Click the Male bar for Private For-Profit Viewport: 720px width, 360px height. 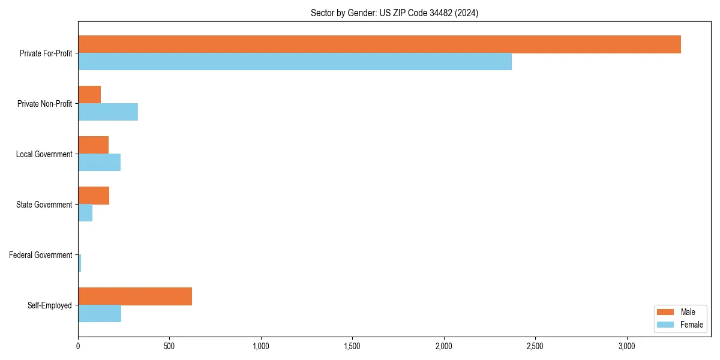379,44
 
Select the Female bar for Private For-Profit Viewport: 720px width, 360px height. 295,62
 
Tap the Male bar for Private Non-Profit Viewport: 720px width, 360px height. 89,95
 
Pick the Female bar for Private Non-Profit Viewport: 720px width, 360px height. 108,112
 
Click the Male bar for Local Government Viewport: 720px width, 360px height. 93,145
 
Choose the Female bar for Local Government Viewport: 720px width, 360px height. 99,163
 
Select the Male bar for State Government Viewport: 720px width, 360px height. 94,196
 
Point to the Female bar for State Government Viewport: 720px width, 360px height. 85,213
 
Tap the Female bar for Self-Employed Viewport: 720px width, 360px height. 100,314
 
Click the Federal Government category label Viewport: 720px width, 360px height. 40,255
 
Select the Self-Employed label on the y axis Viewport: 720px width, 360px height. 49,305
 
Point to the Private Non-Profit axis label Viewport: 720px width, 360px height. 44,104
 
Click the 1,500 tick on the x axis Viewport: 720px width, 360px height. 352,347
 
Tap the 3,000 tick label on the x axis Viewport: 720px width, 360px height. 626,347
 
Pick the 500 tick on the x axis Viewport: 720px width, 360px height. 169,347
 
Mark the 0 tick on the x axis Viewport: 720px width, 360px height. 78,347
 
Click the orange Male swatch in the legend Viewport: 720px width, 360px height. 666,312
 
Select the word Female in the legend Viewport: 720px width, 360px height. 692,325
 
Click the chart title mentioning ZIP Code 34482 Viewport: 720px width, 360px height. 394,13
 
